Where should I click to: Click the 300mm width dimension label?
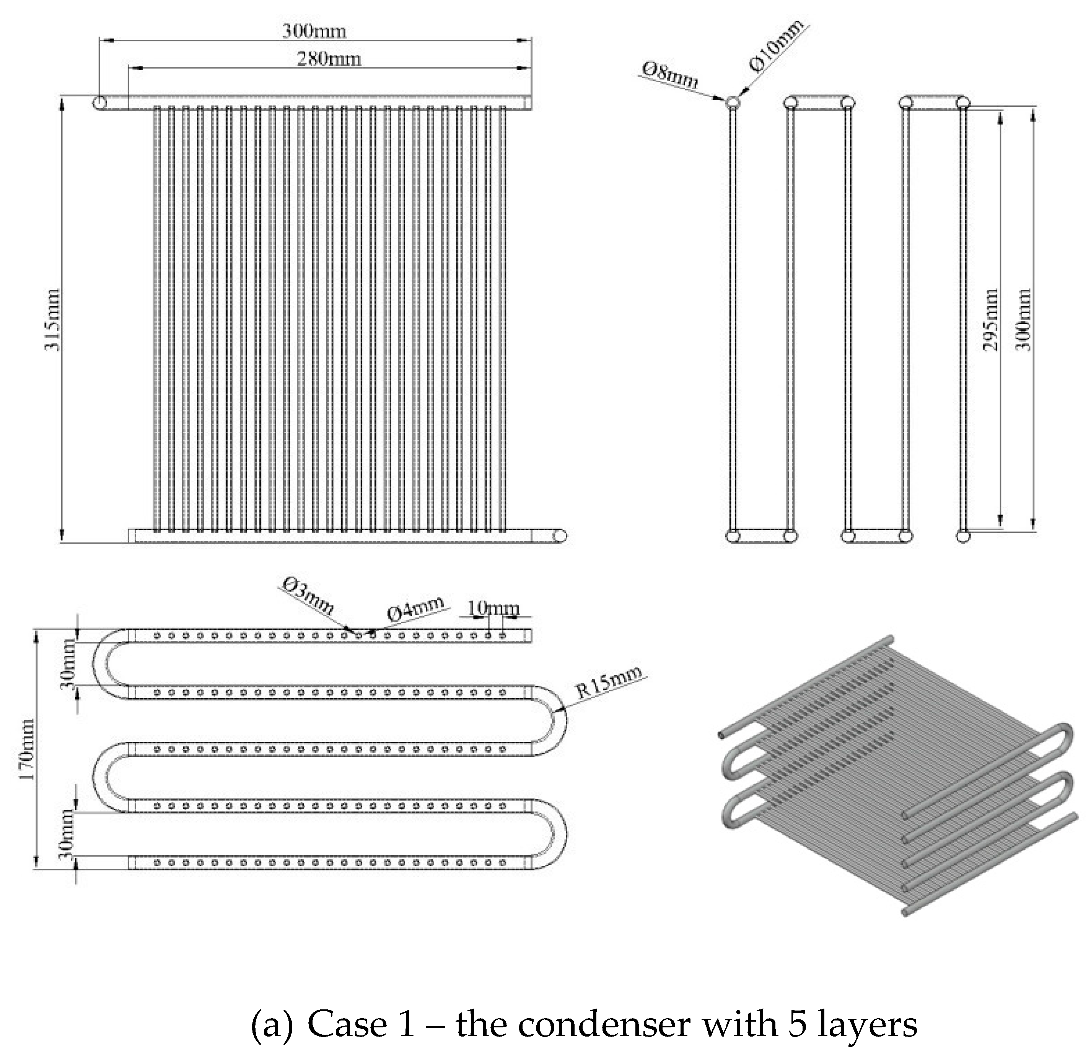click(x=313, y=31)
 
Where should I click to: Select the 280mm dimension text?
click(x=329, y=59)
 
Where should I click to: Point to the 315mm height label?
click(x=53, y=320)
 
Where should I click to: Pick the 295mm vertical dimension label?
click(x=990, y=320)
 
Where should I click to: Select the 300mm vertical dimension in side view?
click(x=1023, y=320)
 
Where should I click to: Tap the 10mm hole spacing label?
click(x=493, y=608)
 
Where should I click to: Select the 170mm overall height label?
click(x=27, y=749)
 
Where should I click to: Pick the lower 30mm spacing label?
click(x=67, y=835)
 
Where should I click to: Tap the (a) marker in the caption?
click(x=272, y=1024)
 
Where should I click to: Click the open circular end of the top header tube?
click(x=101, y=103)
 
